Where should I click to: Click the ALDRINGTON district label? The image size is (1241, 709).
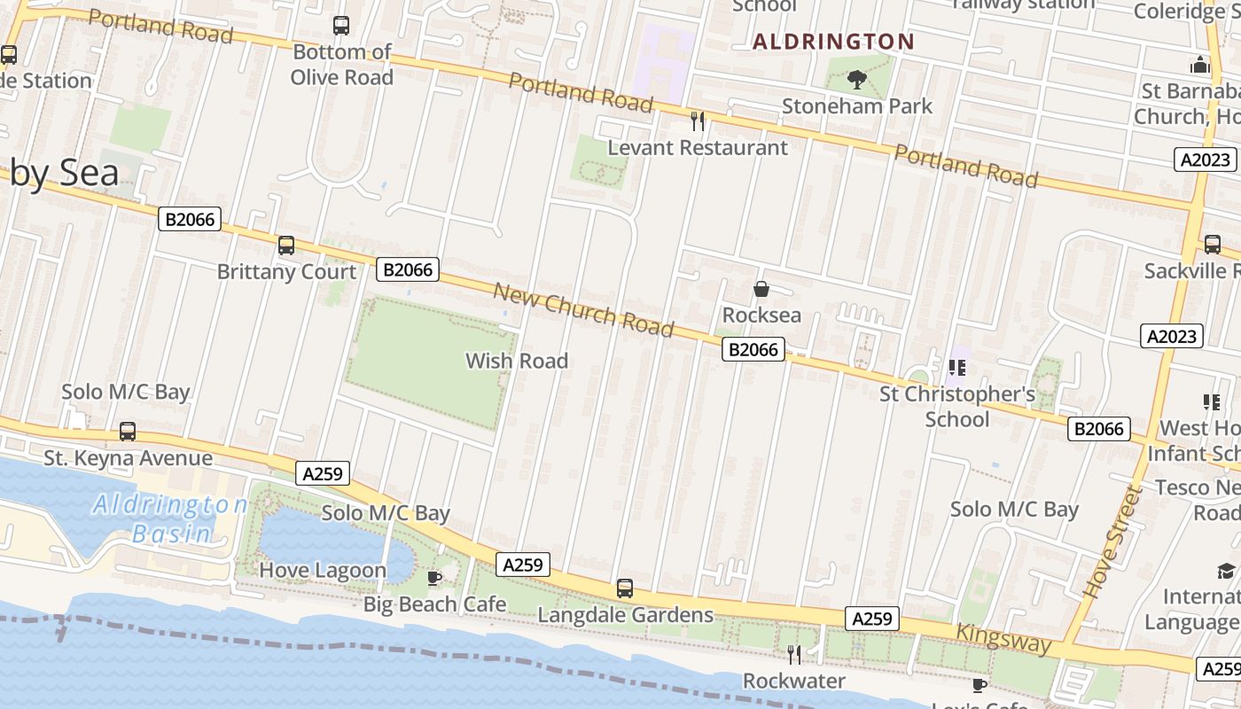pos(833,42)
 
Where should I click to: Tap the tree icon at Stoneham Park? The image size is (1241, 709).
pos(857,81)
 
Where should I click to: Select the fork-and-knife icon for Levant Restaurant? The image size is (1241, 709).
pos(698,121)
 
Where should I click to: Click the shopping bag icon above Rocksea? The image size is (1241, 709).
pos(761,289)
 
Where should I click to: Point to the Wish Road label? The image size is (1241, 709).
pos(517,361)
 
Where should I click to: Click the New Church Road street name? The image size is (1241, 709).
pos(583,310)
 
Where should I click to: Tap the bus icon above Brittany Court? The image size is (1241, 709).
pos(286,245)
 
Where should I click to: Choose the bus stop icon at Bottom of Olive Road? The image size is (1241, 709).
pos(341,26)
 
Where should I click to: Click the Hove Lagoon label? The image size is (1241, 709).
pos(323,570)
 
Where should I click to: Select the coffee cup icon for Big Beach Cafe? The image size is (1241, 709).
pos(434,579)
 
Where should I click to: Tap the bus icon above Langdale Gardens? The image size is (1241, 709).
pos(625,588)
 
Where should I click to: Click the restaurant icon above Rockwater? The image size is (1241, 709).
pos(794,654)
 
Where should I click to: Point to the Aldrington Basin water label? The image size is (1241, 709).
pos(170,518)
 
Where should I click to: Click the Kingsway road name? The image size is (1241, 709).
pos(1003,638)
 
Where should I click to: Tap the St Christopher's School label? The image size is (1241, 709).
pos(957,406)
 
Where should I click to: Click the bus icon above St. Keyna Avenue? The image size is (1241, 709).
pos(128,432)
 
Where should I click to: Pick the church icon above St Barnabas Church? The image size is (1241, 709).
pos(1200,65)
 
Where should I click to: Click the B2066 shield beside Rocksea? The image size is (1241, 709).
pos(753,350)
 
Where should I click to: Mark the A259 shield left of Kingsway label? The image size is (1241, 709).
pos(871,619)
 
